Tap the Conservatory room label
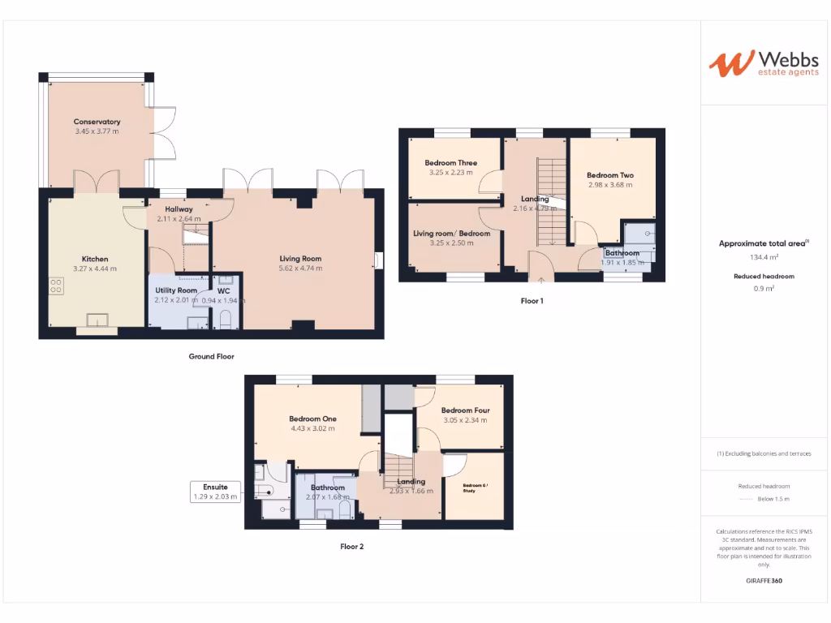pos(97,122)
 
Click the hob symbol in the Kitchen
pos(57,286)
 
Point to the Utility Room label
pos(176,290)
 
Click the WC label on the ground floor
pos(223,290)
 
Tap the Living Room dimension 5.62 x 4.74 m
pos(300,269)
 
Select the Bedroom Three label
pos(450,163)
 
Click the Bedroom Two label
pos(609,175)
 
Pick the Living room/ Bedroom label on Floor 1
pos(451,234)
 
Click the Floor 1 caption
pos(532,301)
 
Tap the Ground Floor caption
pos(211,356)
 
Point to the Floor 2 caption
pos(351,547)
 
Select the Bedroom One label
pos(312,419)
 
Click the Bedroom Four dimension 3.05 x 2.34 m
pos(465,420)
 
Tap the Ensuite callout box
pos(215,492)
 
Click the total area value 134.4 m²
pos(763,257)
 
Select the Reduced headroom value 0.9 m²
pos(763,289)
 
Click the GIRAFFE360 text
pos(764,581)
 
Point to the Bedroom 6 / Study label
pos(475,488)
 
